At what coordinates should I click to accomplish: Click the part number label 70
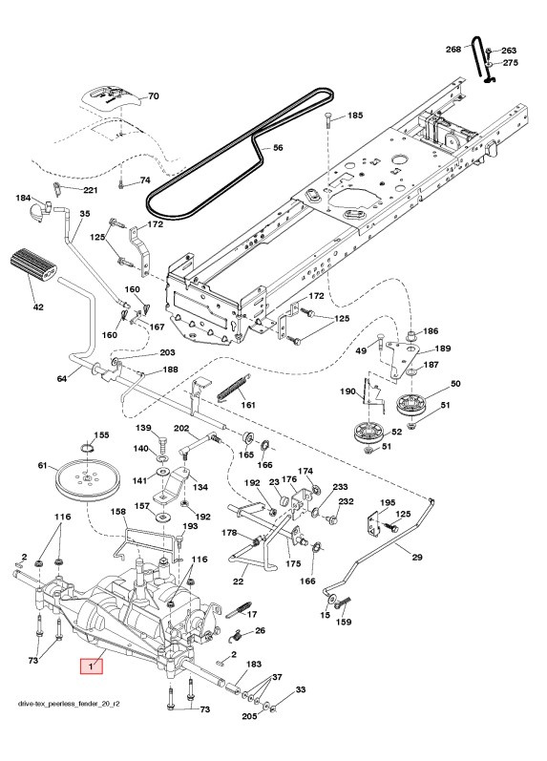[153, 96]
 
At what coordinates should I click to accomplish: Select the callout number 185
[354, 116]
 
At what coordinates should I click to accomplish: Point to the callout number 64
[62, 379]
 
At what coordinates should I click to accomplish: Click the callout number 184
[24, 198]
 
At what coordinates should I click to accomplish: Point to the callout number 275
[510, 63]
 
